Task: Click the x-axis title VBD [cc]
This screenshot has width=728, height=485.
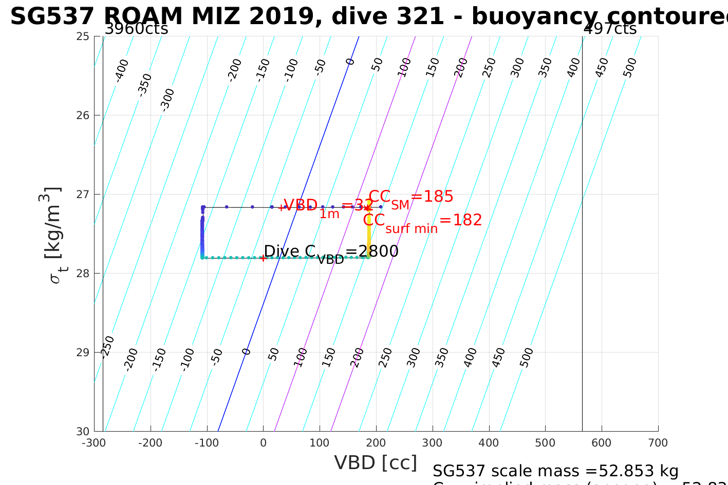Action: pos(376,463)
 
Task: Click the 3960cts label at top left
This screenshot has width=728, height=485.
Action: pos(136,29)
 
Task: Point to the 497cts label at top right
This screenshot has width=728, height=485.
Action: pos(610,29)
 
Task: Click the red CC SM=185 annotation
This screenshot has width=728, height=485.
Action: pos(411,198)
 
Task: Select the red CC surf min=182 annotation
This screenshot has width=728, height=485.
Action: pos(422,221)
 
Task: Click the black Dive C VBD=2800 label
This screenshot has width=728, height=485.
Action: pos(331,252)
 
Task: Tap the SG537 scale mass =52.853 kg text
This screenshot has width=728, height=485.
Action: pos(555,471)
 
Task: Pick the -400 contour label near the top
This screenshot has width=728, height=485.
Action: pos(122,70)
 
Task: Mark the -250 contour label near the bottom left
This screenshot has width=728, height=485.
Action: pos(107,346)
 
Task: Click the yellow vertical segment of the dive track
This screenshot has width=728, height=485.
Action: pos(369,236)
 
